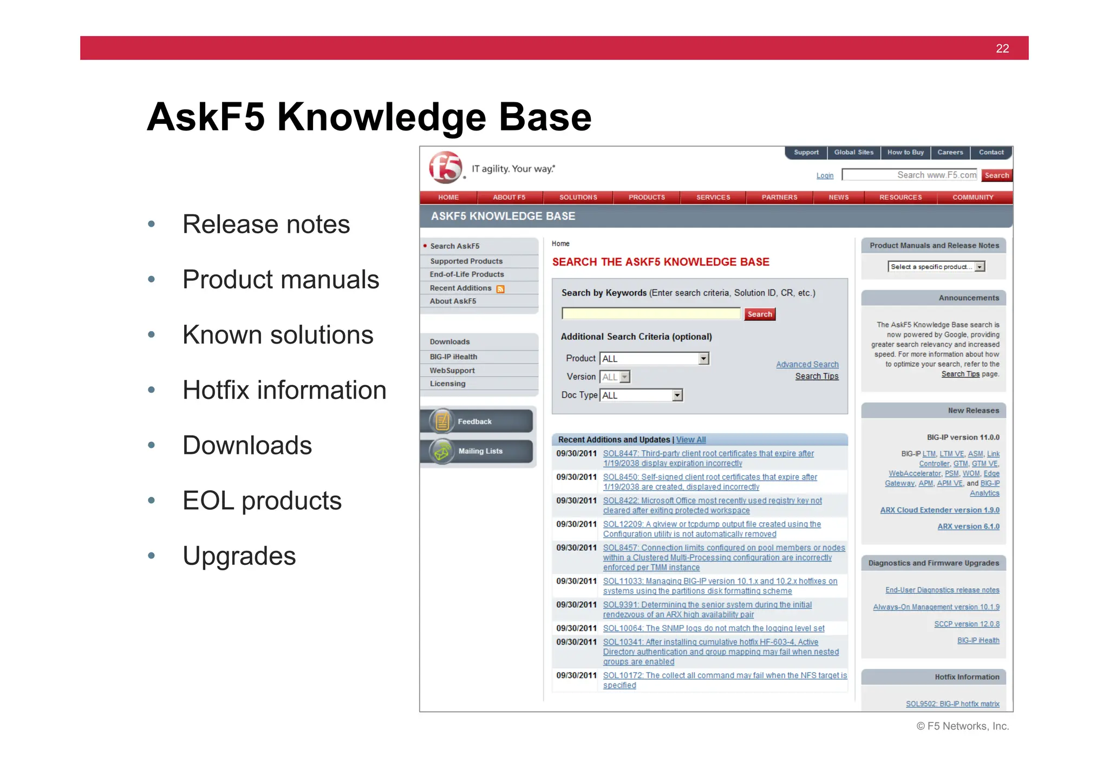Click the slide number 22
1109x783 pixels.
(x=1002, y=49)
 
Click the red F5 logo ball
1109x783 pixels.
(x=445, y=167)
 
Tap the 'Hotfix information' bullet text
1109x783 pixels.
(x=284, y=390)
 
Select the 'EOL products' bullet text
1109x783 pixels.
(x=262, y=501)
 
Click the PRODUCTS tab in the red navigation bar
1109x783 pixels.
(x=647, y=198)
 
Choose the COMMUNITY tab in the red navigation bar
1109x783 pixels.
(x=973, y=198)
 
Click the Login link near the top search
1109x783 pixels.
(x=825, y=176)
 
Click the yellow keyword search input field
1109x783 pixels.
(x=651, y=314)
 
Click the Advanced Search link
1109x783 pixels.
(x=807, y=365)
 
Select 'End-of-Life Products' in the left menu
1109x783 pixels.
(x=467, y=274)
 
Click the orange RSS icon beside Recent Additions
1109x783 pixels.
(x=500, y=289)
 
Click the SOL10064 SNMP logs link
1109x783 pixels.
(x=713, y=628)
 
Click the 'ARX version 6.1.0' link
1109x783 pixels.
(x=968, y=527)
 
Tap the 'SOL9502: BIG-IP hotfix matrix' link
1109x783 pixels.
(x=953, y=704)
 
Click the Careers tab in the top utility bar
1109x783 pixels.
(x=950, y=153)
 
